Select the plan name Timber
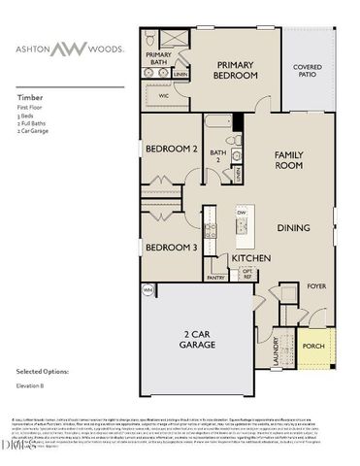point(29,97)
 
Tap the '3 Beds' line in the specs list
point(29,116)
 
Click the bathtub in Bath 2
point(217,126)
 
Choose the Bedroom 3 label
point(172,248)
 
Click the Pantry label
point(215,277)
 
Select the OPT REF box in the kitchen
point(246,275)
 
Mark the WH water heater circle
point(148,289)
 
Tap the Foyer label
point(316,286)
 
